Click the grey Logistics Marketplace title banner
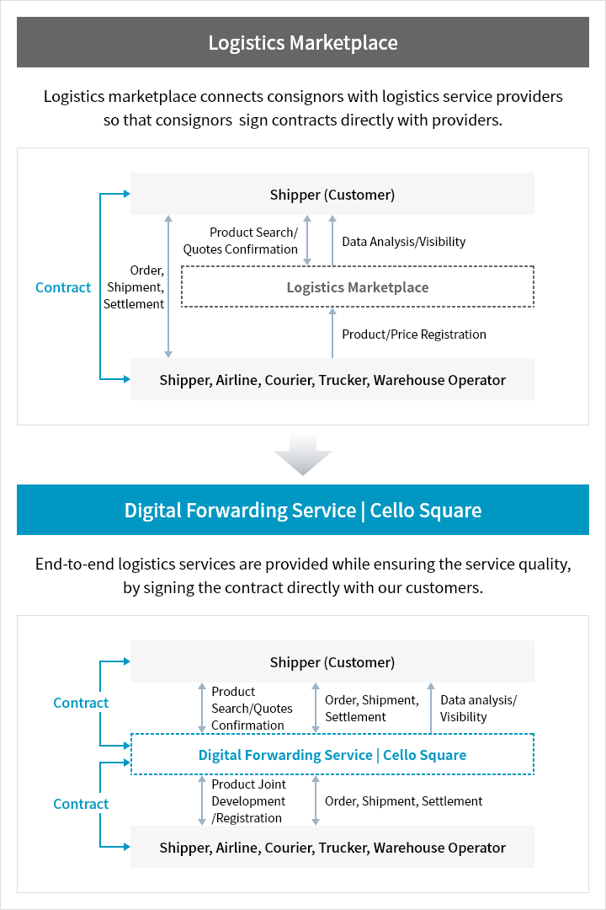(303, 42)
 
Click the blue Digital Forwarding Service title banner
(303, 510)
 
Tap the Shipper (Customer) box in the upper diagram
(332, 195)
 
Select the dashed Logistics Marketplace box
(358, 287)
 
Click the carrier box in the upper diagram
(332, 380)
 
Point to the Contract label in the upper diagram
(63, 287)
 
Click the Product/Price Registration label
(414, 335)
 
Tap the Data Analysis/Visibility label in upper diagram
(403, 242)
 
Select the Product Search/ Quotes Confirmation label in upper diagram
(241, 241)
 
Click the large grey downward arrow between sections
(303, 456)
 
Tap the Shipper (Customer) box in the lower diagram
(332, 662)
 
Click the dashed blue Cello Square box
(332, 755)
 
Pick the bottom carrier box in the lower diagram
(332, 848)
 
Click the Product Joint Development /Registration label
(248, 801)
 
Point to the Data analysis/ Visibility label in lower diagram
(478, 709)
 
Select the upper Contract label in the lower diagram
(81, 703)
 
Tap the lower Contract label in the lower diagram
(81, 804)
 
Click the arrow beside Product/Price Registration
(332, 334)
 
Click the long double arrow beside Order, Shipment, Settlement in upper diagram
(168, 286)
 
